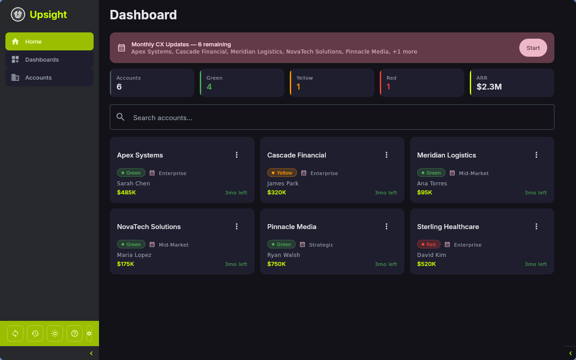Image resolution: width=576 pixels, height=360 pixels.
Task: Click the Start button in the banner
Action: (533, 48)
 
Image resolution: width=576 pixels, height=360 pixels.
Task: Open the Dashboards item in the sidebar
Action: (42, 59)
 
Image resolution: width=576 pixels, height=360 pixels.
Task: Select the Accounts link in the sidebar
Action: (38, 77)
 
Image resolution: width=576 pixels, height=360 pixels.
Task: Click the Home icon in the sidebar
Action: (15, 41)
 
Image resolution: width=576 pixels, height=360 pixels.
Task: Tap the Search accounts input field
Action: (332, 117)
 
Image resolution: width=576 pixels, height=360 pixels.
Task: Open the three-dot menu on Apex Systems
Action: (237, 155)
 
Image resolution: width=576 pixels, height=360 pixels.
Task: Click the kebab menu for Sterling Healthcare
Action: (536, 226)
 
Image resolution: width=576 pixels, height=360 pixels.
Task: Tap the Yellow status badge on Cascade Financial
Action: (282, 173)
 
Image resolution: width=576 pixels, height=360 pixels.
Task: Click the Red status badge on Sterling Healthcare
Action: (428, 244)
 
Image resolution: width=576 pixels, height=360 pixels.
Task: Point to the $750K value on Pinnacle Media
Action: (276, 264)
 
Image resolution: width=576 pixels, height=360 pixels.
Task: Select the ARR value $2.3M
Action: (489, 87)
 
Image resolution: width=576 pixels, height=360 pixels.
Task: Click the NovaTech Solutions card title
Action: (149, 227)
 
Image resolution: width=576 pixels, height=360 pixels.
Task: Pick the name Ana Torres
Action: (432, 183)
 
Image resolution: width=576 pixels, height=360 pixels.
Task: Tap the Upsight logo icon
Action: (18, 14)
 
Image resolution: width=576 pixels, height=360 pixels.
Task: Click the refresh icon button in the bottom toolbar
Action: (15, 333)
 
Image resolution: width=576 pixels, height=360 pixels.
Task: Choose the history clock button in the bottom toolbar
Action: (35, 333)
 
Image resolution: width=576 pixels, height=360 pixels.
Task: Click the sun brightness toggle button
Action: (55, 333)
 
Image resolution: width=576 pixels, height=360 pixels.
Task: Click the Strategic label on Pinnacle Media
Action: (321, 245)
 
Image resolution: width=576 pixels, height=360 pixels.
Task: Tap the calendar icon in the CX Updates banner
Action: (121, 48)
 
